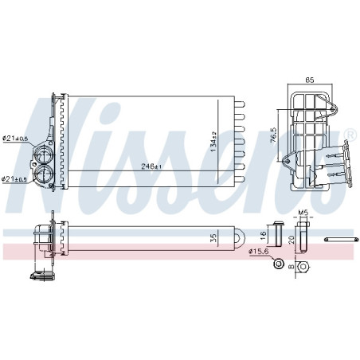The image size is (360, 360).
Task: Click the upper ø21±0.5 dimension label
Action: [15, 139]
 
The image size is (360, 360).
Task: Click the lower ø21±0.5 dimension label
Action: [15, 178]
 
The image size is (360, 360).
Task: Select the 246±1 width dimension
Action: [152, 166]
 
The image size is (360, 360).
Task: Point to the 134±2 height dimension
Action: [213, 143]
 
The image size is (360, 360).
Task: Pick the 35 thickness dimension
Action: [211, 237]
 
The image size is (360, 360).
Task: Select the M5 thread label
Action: [303, 213]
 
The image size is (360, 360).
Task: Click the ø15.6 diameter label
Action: [259, 252]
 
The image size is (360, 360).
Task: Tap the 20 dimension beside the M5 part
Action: [291, 238]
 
